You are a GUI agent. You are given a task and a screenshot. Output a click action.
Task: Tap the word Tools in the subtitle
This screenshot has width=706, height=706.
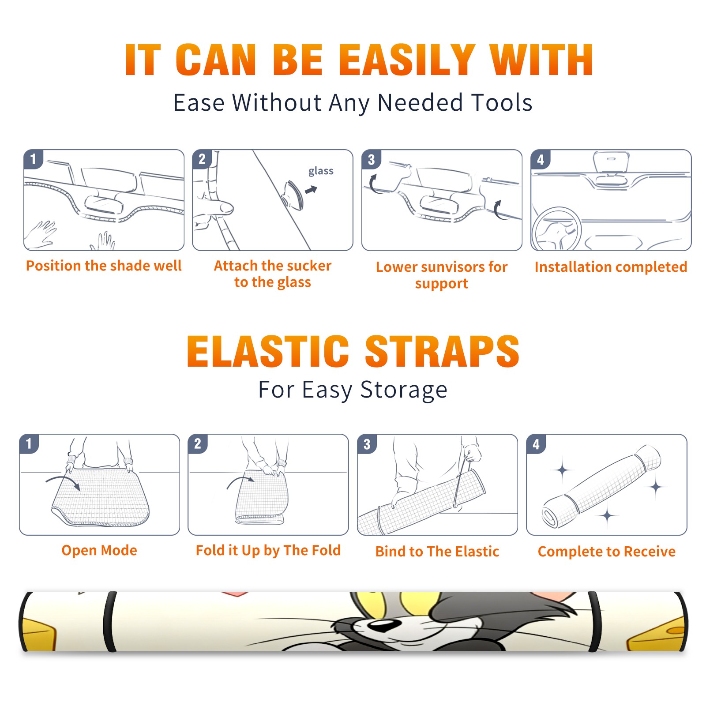pyautogui.click(x=502, y=102)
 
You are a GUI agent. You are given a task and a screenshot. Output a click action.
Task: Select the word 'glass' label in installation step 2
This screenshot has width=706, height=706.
pyautogui.click(x=321, y=171)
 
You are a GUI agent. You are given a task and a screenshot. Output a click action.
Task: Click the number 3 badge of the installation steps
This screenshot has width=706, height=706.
pyautogui.click(x=372, y=159)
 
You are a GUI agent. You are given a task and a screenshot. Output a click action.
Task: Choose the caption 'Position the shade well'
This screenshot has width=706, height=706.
pyautogui.click(x=104, y=266)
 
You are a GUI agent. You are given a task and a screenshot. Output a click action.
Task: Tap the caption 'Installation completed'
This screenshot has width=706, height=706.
pyautogui.click(x=611, y=267)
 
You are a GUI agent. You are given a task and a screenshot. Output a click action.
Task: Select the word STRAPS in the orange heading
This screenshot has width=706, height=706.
pyautogui.click(x=442, y=351)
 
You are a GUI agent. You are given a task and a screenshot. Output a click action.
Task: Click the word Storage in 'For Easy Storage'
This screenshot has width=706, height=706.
pyautogui.click(x=404, y=390)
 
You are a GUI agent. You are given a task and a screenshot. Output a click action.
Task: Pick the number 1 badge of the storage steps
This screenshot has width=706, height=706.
pyautogui.click(x=29, y=444)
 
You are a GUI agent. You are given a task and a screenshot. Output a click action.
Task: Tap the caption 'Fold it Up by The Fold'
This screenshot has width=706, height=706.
pyautogui.click(x=268, y=550)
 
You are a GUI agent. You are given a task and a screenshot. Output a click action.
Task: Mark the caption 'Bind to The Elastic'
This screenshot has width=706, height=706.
pyautogui.click(x=437, y=552)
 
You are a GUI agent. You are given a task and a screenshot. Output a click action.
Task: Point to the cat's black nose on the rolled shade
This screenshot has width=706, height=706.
pyautogui.click(x=382, y=625)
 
